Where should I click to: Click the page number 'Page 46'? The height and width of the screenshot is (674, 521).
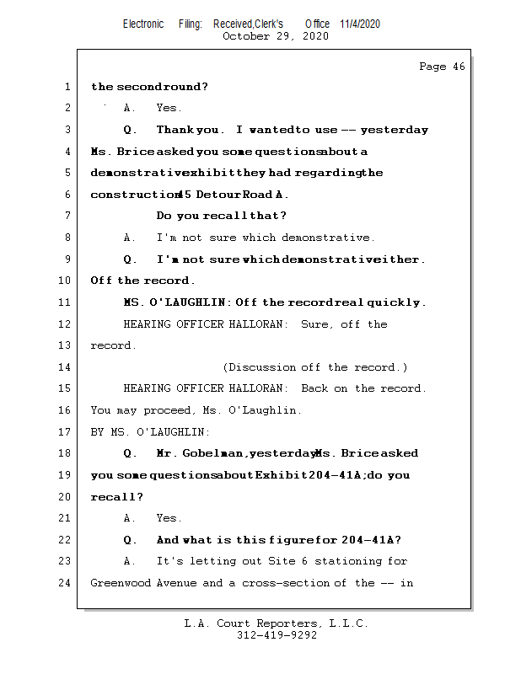pyautogui.click(x=442, y=67)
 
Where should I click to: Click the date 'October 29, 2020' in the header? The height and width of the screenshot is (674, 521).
pyautogui.click(x=276, y=36)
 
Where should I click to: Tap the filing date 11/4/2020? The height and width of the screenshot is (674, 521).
pyautogui.click(x=360, y=24)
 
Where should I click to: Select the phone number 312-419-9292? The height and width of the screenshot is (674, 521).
pyautogui.click(x=277, y=636)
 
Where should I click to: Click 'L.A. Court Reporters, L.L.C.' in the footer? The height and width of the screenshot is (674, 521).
pyautogui.click(x=276, y=624)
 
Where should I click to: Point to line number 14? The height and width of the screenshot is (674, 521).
pyautogui.click(x=67, y=367)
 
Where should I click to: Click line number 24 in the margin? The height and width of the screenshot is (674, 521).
pyautogui.click(x=67, y=583)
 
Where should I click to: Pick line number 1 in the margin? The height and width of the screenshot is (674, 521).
pyautogui.click(x=67, y=87)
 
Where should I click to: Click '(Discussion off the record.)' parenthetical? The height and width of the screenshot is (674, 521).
pyautogui.click(x=315, y=367)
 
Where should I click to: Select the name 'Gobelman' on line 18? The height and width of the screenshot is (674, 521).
pyautogui.click(x=215, y=454)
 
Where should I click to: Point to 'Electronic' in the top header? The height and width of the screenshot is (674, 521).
pyautogui.click(x=143, y=24)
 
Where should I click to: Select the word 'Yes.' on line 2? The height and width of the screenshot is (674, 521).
pyautogui.click(x=169, y=109)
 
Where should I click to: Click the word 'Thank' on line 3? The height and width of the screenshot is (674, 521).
pyautogui.click(x=175, y=131)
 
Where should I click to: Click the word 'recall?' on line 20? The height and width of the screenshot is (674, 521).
pyautogui.click(x=117, y=497)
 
